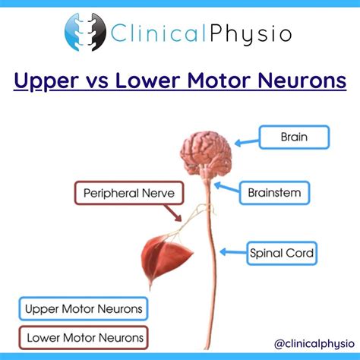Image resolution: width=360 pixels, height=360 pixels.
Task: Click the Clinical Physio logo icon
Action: click(84, 33)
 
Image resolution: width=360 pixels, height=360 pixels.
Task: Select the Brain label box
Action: click(294, 138)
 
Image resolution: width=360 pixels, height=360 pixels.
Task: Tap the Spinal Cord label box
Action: click(281, 251)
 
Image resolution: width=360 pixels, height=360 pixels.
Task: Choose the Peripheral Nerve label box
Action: click(128, 194)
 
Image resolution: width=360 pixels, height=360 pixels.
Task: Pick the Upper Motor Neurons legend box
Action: click(83, 309)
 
